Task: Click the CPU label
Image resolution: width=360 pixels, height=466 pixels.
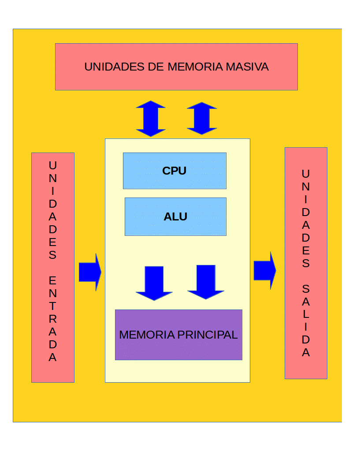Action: [174, 171]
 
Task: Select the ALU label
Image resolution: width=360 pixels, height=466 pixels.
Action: [175, 217]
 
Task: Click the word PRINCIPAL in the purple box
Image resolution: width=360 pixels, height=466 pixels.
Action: [208, 335]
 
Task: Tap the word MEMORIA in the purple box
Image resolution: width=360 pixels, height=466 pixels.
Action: [147, 335]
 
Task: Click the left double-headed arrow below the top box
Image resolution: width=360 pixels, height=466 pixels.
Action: [151, 119]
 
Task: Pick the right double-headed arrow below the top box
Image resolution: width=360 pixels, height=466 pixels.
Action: [202, 119]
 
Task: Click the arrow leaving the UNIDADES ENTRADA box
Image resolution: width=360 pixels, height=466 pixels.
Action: [90, 272]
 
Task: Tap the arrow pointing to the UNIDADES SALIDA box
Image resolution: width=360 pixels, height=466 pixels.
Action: [265, 271]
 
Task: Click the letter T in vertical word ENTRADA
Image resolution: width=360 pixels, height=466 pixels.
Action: [52, 306]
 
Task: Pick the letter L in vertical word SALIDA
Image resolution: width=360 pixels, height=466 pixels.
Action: [306, 315]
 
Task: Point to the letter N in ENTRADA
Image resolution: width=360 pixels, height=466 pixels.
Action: [52, 293]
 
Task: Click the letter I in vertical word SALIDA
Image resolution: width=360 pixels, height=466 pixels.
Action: [306, 328]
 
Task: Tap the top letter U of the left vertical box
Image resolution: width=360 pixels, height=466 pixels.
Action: [52, 166]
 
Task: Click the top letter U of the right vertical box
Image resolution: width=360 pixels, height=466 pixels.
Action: [306, 174]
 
